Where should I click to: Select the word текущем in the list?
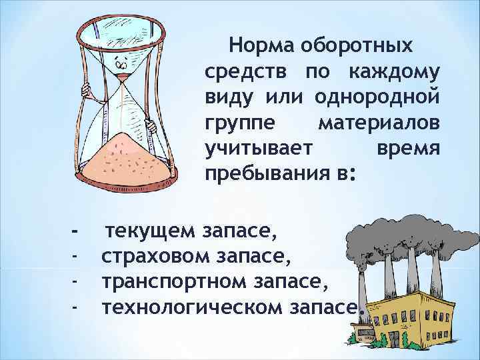[151, 232]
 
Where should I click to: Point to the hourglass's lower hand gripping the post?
[151, 125]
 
